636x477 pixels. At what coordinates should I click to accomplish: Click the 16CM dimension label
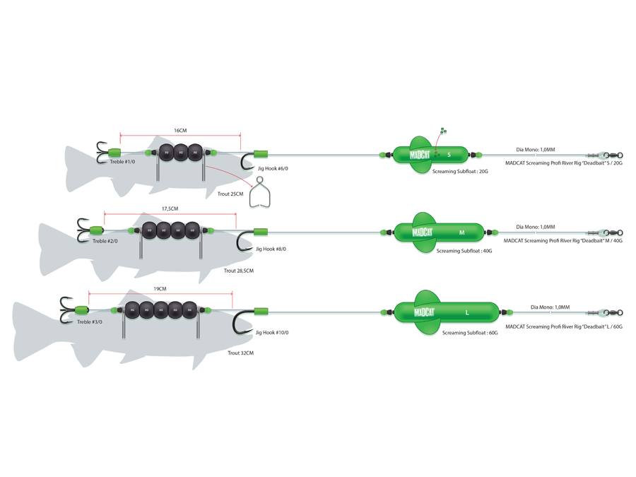(x=180, y=130)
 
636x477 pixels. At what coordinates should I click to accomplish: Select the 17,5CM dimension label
(x=170, y=208)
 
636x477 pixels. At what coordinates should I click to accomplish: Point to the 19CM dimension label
(x=160, y=288)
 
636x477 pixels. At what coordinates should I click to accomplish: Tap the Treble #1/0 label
(x=122, y=162)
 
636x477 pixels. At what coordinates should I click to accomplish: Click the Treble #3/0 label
(x=90, y=322)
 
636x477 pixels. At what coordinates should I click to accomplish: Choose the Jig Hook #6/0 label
(x=272, y=168)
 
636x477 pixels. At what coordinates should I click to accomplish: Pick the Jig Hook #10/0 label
(x=272, y=332)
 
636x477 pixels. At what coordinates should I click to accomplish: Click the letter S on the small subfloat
(x=449, y=155)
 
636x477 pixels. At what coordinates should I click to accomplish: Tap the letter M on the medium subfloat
(x=462, y=232)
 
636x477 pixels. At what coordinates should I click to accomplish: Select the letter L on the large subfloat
(x=467, y=312)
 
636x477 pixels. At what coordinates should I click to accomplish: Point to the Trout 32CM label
(x=240, y=352)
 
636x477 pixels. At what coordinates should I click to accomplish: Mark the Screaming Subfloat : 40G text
(x=464, y=251)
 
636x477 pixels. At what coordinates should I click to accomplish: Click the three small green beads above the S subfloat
(x=443, y=131)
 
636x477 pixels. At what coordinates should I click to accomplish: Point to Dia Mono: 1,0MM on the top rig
(x=535, y=149)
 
